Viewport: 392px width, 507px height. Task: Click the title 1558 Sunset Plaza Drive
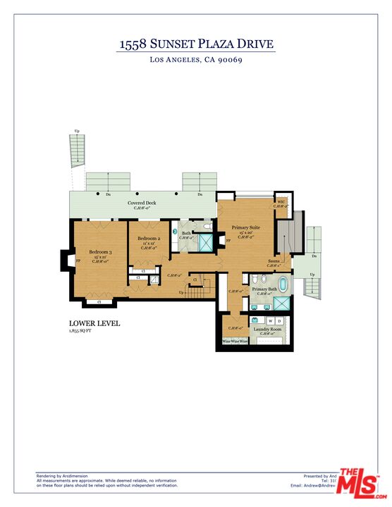(195, 44)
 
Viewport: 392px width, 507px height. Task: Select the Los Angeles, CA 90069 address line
(195, 61)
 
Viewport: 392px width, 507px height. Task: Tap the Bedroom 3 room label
(100, 252)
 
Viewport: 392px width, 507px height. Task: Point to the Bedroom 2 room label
(149, 239)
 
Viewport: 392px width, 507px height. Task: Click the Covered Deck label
(141, 204)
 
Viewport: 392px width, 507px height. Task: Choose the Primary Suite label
(246, 228)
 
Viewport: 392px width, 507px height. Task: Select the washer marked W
(269, 321)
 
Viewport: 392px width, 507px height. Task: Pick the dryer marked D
(280, 321)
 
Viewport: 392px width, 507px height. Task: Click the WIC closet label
(281, 202)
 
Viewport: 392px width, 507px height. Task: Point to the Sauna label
(272, 260)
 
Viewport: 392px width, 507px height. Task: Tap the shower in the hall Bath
(207, 243)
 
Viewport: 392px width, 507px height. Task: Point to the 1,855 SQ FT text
(82, 330)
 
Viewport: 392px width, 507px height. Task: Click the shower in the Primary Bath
(281, 304)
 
